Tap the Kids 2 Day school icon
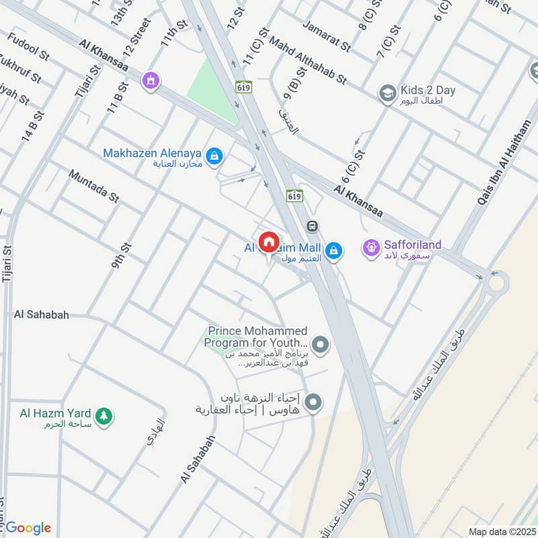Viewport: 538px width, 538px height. pyautogui.click(x=387, y=91)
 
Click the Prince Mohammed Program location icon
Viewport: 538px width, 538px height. pyautogui.click(x=321, y=346)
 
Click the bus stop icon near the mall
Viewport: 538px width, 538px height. pyautogui.click(x=311, y=226)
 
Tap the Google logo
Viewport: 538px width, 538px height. pyautogui.click(x=28, y=528)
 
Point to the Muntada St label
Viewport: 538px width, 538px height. pyautogui.click(x=93, y=185)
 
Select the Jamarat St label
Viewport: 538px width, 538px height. pyautogui.click(x=327, y=37)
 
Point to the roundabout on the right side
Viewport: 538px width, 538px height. pyautogui.click(x=497, y=282)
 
